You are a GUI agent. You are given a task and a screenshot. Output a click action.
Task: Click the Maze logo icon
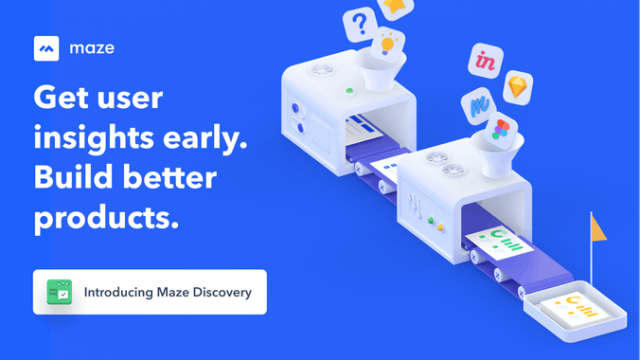(47, 47)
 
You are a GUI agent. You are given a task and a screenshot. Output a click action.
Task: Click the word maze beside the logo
(91, 47)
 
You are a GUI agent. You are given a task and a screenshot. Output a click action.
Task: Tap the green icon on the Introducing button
(60, 292)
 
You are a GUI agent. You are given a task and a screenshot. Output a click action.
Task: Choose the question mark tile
(360, 22)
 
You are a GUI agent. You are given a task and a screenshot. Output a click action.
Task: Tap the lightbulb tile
(386, 45)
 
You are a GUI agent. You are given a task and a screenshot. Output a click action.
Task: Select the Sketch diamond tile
(518, 87)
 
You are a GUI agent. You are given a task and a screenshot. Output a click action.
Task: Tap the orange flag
(598, 226)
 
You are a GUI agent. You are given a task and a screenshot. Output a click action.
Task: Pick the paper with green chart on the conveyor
(499, 243)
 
